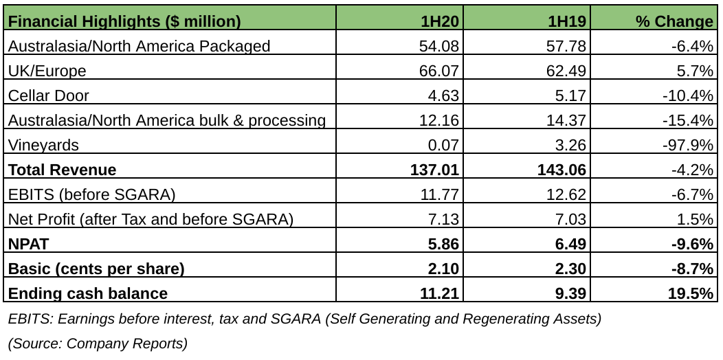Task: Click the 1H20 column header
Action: pos(440,21)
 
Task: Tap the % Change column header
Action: pos(674,21)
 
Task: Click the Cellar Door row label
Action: pos(48,95)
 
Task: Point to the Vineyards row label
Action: pos(43,145)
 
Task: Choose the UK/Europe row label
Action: pos(47,71)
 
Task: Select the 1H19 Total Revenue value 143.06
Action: pos(561,170)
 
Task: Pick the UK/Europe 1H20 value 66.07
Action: pos(438,71)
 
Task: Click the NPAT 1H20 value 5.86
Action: pos(443,244)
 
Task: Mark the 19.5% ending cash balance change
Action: pos(691,293)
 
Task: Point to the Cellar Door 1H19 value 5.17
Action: pos(570,95)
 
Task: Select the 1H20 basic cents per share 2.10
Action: pos(443,269)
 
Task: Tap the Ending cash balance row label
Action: pos(87,293)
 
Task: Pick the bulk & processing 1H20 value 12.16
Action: pos(438,120)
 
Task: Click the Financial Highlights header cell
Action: pos(124,21)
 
